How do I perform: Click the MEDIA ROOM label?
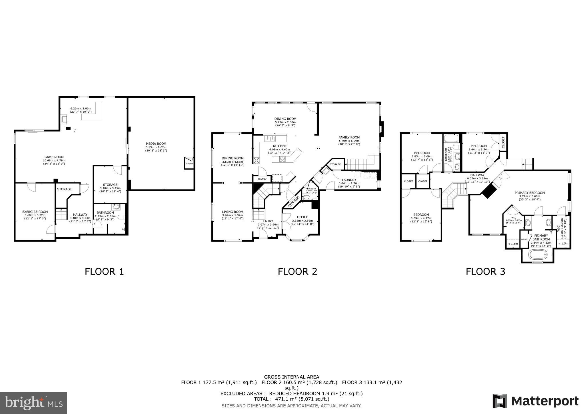point(156,144)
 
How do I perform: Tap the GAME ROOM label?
point(54,157)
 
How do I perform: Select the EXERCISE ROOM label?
point(35,212)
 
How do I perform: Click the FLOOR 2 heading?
point(297,271)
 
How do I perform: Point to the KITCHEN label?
point(279,146)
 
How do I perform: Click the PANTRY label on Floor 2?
point(262,180)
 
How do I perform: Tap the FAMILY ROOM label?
point(349,137)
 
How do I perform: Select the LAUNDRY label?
point(349,180)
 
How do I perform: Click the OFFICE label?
point(302,217)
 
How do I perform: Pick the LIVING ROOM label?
point(233,212)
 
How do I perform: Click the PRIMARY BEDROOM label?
point(530,193)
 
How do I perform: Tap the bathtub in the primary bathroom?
point(538,254)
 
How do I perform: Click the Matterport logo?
point(535,401)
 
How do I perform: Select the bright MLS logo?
point(33,403)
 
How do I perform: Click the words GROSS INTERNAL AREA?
point(291,377)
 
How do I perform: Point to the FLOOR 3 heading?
point(485,271)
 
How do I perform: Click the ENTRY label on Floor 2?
point(268,221)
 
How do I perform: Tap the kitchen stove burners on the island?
point(283,159)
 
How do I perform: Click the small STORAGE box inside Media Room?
point(189,163)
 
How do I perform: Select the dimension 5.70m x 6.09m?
point(349,141)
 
